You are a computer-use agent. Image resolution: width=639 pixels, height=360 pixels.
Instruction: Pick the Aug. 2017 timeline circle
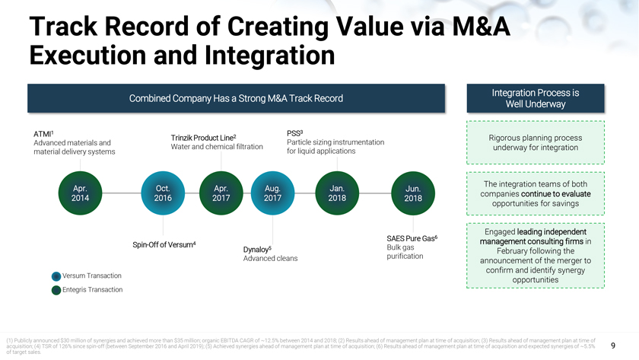[273, 193]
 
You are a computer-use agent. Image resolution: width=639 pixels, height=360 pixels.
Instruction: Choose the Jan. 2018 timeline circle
[338, 193]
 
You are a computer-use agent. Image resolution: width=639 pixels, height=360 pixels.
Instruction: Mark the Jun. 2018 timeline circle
[413, 193]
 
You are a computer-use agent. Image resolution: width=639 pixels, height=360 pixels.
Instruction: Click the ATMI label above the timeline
[43, 134]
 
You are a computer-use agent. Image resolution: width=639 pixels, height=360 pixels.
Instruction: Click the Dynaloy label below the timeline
[257, 249]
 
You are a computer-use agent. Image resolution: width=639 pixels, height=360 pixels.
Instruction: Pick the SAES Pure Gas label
[412, 238]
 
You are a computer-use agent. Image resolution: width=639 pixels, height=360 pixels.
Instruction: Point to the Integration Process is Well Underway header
[536, 98]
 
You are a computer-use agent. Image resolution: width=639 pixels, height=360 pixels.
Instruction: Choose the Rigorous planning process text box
[536, 142]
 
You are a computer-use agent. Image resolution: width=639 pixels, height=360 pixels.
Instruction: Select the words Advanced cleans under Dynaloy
[270, 259]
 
